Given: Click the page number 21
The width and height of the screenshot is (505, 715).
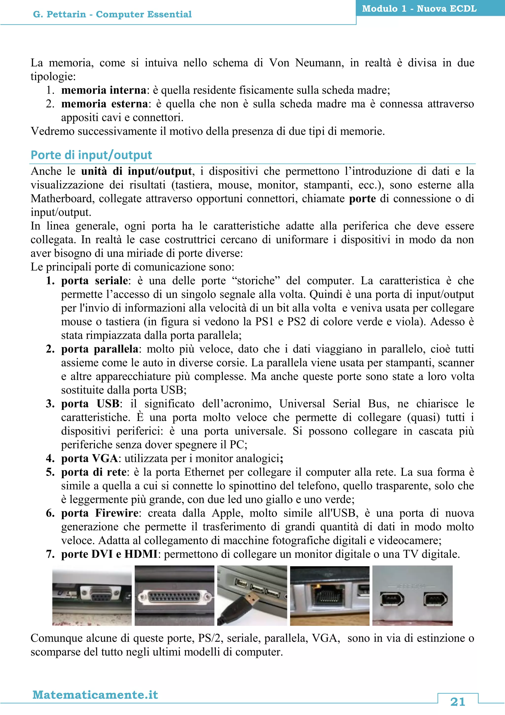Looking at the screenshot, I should click(x=458, y=702).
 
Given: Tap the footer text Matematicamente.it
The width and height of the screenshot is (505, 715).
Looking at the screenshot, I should click(x=95, y=695).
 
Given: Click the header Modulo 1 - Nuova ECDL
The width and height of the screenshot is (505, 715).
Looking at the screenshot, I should click(x=419, y=8).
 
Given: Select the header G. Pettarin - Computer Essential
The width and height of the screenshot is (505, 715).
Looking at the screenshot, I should click(x=112, y=14).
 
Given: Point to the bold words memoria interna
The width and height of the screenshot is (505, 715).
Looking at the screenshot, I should click(x=104, y=90).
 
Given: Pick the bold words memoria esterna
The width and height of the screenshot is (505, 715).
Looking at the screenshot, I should click(x=105, y=104).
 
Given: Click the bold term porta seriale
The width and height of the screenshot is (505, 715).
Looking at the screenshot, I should click(x=94, y=280).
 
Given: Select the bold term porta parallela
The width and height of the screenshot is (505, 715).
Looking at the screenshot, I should click(x=100, y=349).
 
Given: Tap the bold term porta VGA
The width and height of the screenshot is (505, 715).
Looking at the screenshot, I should click(x=89, y=458).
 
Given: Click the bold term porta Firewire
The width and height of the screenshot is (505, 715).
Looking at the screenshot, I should click(x=100, y=513).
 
